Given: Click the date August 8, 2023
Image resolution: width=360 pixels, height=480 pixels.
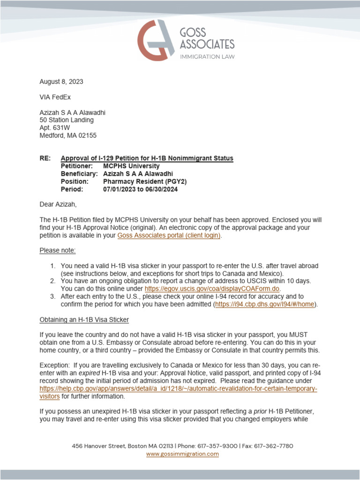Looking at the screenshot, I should point(61,82).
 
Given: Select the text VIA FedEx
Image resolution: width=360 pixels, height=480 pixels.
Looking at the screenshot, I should point(55,97).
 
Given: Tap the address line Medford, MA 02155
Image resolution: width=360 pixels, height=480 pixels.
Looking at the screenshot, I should point(68,135).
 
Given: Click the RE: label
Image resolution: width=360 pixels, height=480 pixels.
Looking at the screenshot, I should point(45,158).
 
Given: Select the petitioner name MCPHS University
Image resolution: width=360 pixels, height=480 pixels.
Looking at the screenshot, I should point(131,166).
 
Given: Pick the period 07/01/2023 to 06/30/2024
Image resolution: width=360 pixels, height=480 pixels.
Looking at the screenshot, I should point(140,189).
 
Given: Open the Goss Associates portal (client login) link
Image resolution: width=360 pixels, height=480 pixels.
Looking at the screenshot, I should point(168,235).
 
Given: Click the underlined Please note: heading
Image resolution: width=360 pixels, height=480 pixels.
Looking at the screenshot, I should point(57,250).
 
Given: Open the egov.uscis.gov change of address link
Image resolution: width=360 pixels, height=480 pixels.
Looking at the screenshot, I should point(212,289).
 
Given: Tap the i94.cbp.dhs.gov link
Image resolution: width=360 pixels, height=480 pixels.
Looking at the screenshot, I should point(265,304).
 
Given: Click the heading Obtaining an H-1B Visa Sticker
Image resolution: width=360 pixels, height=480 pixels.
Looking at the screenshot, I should point(84,320).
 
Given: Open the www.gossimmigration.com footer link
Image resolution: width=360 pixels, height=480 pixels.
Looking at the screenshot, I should point(182,454).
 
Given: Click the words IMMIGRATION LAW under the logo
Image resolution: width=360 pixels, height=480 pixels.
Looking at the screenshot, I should point(208,57).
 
